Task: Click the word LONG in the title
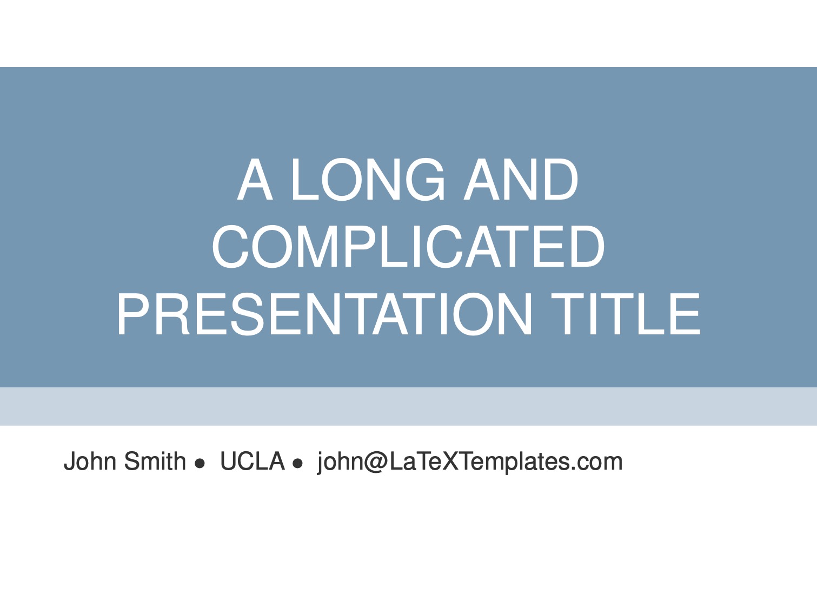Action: coord(368,180)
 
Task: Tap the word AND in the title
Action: coord(521,180)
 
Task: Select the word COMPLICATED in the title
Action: coord(408,247)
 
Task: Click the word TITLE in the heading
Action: coord(626,314)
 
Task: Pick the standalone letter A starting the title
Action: coord(255,180)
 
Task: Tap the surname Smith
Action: coord(155,461)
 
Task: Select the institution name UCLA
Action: coord(253,461)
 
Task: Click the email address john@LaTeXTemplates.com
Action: coord(470,462)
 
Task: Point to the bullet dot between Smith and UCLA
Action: coord(200,463)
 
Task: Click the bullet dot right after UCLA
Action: coord(298,463)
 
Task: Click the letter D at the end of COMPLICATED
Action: coord(586,247)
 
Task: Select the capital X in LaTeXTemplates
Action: coord(446,461)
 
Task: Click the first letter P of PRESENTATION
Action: coord(135,314)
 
